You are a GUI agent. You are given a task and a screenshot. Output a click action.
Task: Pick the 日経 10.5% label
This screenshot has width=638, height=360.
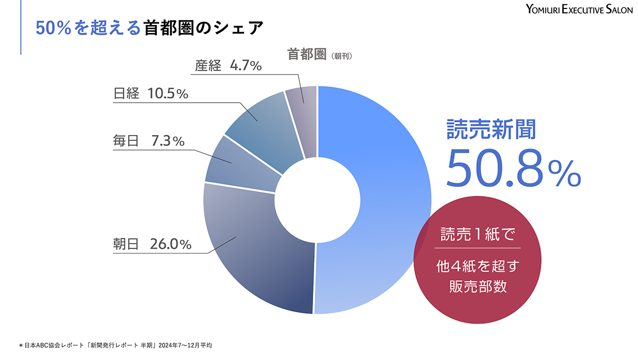151,94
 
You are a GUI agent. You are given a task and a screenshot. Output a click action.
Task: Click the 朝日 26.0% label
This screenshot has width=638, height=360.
152,244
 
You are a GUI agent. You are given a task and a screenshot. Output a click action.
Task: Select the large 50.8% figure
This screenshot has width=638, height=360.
513,168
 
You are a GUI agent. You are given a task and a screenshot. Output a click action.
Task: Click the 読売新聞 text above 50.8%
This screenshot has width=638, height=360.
491,129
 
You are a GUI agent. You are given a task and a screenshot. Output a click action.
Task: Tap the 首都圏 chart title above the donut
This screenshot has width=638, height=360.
306,54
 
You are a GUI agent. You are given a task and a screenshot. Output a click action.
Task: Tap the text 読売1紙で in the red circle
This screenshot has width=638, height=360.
477,233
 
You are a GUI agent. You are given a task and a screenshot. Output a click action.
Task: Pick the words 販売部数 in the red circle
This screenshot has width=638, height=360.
477,287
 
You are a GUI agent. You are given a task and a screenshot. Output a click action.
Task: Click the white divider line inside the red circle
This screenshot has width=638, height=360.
477,248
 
